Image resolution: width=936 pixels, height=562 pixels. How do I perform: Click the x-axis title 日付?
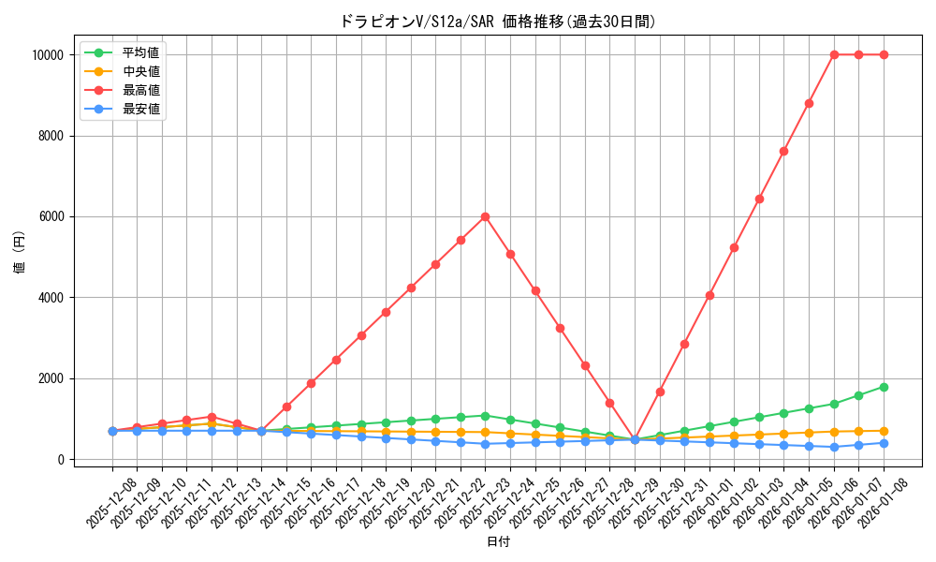click(498, 542)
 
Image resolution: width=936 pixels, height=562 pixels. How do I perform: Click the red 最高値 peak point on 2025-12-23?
click(485, 216)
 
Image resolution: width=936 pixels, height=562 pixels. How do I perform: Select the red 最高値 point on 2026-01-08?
click(884, 54)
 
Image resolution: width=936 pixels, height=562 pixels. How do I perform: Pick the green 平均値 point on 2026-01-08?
click(884, 387)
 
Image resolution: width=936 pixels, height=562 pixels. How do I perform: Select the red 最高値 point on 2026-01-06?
click(834, 54)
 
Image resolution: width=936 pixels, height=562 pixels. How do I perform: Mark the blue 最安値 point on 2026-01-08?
click(884, 443)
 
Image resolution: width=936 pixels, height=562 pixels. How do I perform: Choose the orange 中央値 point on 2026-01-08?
click(884, 431)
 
